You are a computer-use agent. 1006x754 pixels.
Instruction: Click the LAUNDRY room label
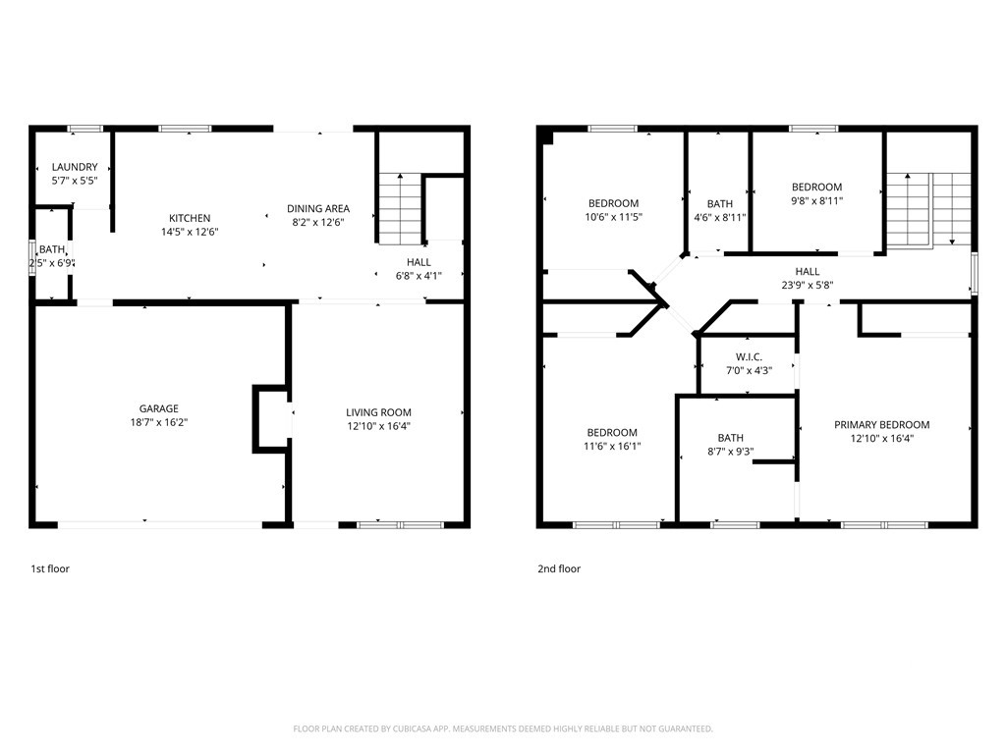coord(75,168)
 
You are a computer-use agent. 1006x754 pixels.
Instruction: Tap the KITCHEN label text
coord(190,218)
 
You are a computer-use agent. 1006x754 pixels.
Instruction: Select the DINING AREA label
coord(317,208)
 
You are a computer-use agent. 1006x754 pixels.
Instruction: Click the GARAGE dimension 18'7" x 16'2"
coord(158,422)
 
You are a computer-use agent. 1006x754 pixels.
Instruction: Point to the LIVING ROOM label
coord(378,412)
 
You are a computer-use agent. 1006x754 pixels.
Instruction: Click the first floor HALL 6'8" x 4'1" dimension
coord(419,276)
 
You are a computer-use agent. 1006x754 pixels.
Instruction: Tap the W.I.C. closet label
coord(749,356)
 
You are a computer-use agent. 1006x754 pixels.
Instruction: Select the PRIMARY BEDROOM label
coord(881,425)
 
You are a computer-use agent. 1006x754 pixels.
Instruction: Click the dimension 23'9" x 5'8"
coord(807,286)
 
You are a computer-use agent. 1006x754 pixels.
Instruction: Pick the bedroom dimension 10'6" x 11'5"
coord(613,217)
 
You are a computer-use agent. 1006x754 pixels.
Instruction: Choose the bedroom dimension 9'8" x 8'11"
coord(816,200)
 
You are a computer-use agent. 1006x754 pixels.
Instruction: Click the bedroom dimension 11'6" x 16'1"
coord(612,446)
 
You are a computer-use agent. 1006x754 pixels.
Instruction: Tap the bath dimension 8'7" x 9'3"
coord(730,452)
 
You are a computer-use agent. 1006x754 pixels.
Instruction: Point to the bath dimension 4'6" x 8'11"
coord(719,217)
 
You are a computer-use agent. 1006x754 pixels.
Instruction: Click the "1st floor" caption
coord(50,568)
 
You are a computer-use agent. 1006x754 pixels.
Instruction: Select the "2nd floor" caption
coord(558,568)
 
